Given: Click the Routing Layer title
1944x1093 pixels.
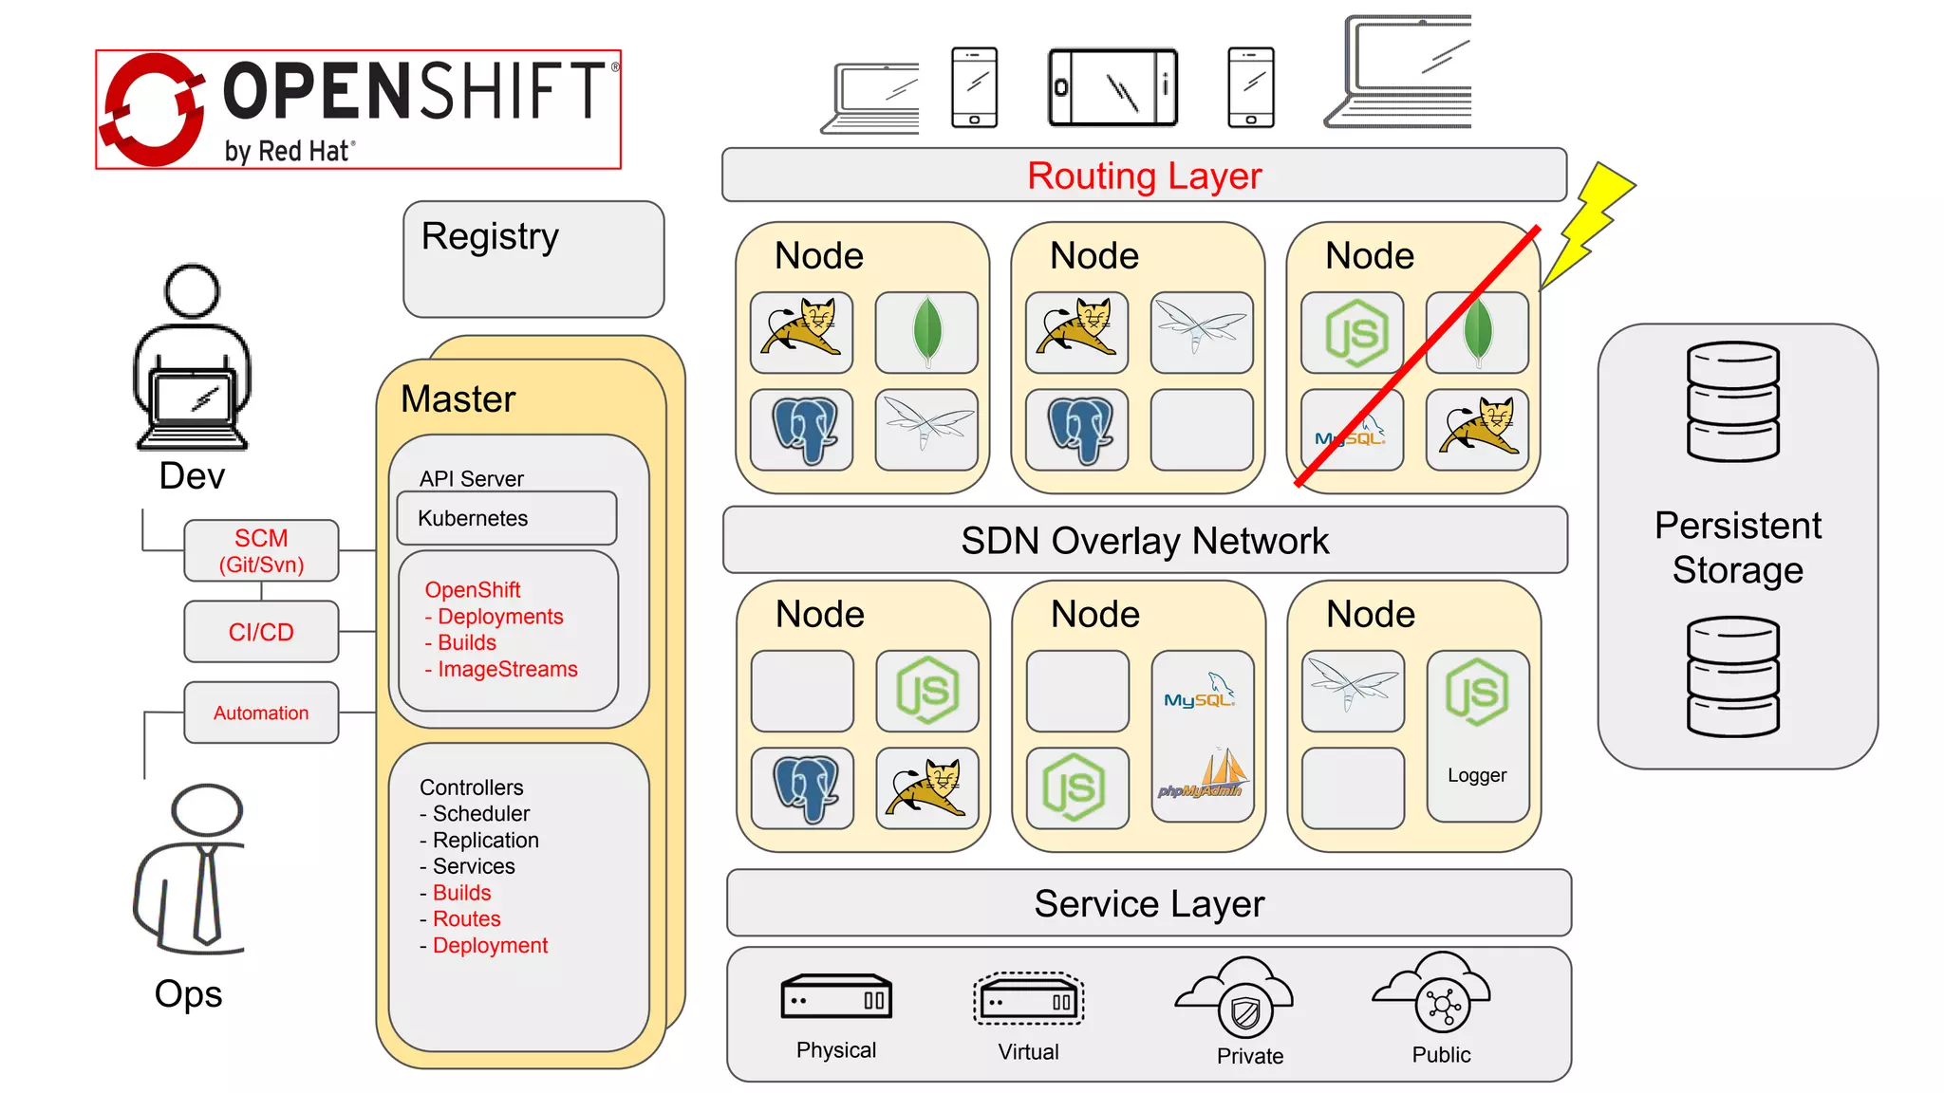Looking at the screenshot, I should (1144, 176).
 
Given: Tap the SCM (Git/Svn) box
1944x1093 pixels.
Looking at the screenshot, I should (261, 551).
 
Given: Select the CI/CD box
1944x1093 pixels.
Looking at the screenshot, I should (261, 632).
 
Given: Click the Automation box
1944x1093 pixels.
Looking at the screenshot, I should (261, 713).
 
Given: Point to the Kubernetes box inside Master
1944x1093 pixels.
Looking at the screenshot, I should (506, 518).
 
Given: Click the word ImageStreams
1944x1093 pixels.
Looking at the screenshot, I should (507, 669).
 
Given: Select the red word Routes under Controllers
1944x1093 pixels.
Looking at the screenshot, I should (466, 918).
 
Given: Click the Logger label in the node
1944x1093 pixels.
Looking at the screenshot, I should (1477, 775).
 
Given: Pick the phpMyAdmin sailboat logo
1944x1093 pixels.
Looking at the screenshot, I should (1202, 774).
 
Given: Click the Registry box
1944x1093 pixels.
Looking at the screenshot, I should (533, 259).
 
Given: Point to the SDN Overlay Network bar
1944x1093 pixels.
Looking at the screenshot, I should (1144, 541).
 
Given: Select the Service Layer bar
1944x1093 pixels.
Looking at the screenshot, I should (1149, 903).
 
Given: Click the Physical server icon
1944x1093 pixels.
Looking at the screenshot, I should (836, 998).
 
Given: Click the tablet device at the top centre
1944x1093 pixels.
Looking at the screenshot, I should (1112, 88).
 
